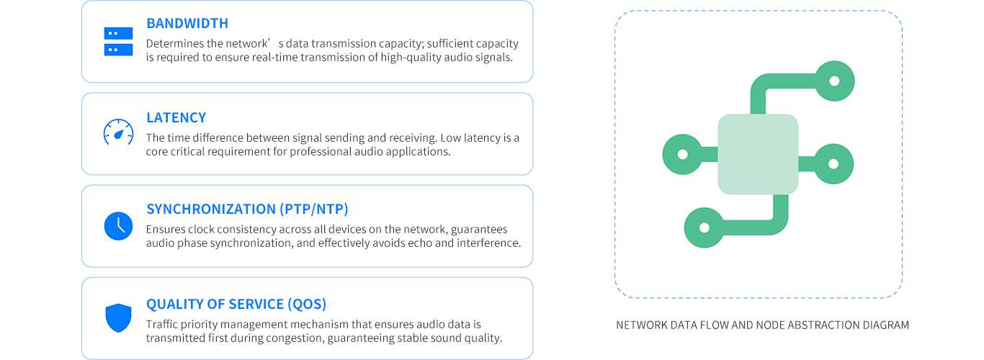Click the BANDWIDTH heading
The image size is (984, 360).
click(187, 23)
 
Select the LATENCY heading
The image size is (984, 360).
click(176, 117)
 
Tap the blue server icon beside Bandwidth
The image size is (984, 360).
click(118, 42)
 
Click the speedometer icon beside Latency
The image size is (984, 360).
click(118, 132)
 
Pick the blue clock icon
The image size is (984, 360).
click(118, 226)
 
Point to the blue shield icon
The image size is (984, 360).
click(118, 318)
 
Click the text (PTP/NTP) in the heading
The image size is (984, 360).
click(313, 210)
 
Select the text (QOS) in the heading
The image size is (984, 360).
click(307, 305)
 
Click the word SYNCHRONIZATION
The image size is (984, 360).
click(211, 210)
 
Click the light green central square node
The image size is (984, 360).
click(758, 154)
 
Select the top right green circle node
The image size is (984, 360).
click(834, 81)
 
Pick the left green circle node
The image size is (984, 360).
click(683, 154)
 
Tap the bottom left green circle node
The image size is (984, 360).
click(705, 228)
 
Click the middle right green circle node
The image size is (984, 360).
click(833, 163)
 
